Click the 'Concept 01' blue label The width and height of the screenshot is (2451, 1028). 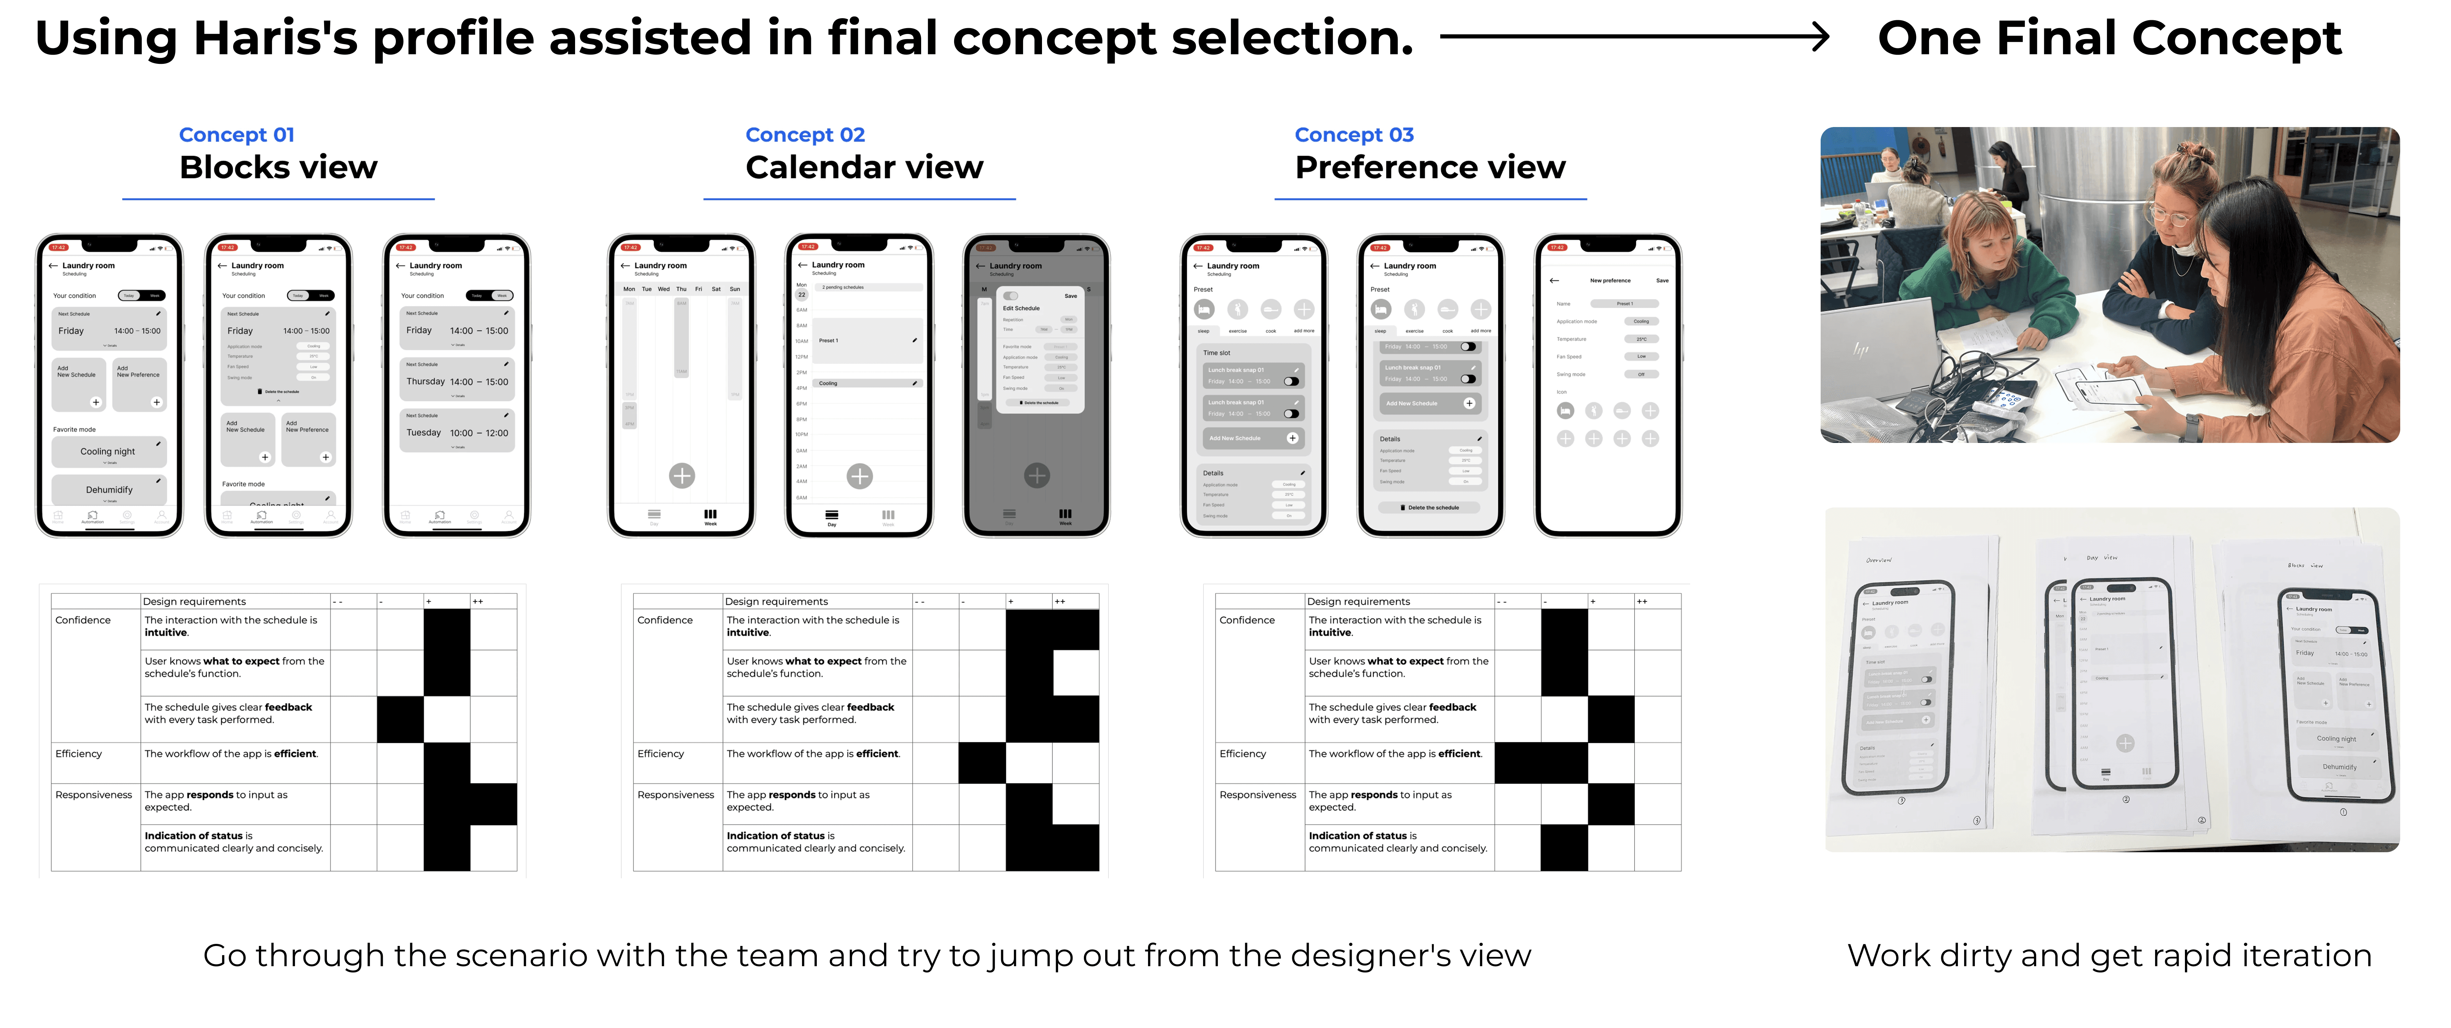coord(237,135)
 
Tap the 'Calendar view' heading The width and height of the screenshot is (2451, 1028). coord(864,168)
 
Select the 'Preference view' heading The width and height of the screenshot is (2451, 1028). coord(1429,168)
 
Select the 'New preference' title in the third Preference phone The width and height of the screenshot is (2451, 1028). coord(1610,281)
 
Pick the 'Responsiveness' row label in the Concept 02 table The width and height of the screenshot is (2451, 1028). coord(676,795)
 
